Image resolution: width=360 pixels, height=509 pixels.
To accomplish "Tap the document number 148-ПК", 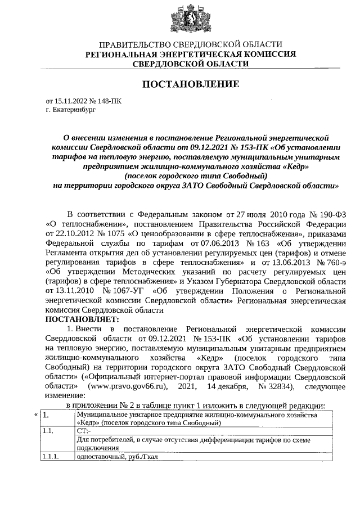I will [x=109, y=102].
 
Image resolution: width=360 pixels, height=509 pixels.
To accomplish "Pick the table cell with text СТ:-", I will [x=83, y=430].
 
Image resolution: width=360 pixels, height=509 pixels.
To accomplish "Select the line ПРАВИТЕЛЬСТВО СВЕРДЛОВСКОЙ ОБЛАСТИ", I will [x=190, y=44].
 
